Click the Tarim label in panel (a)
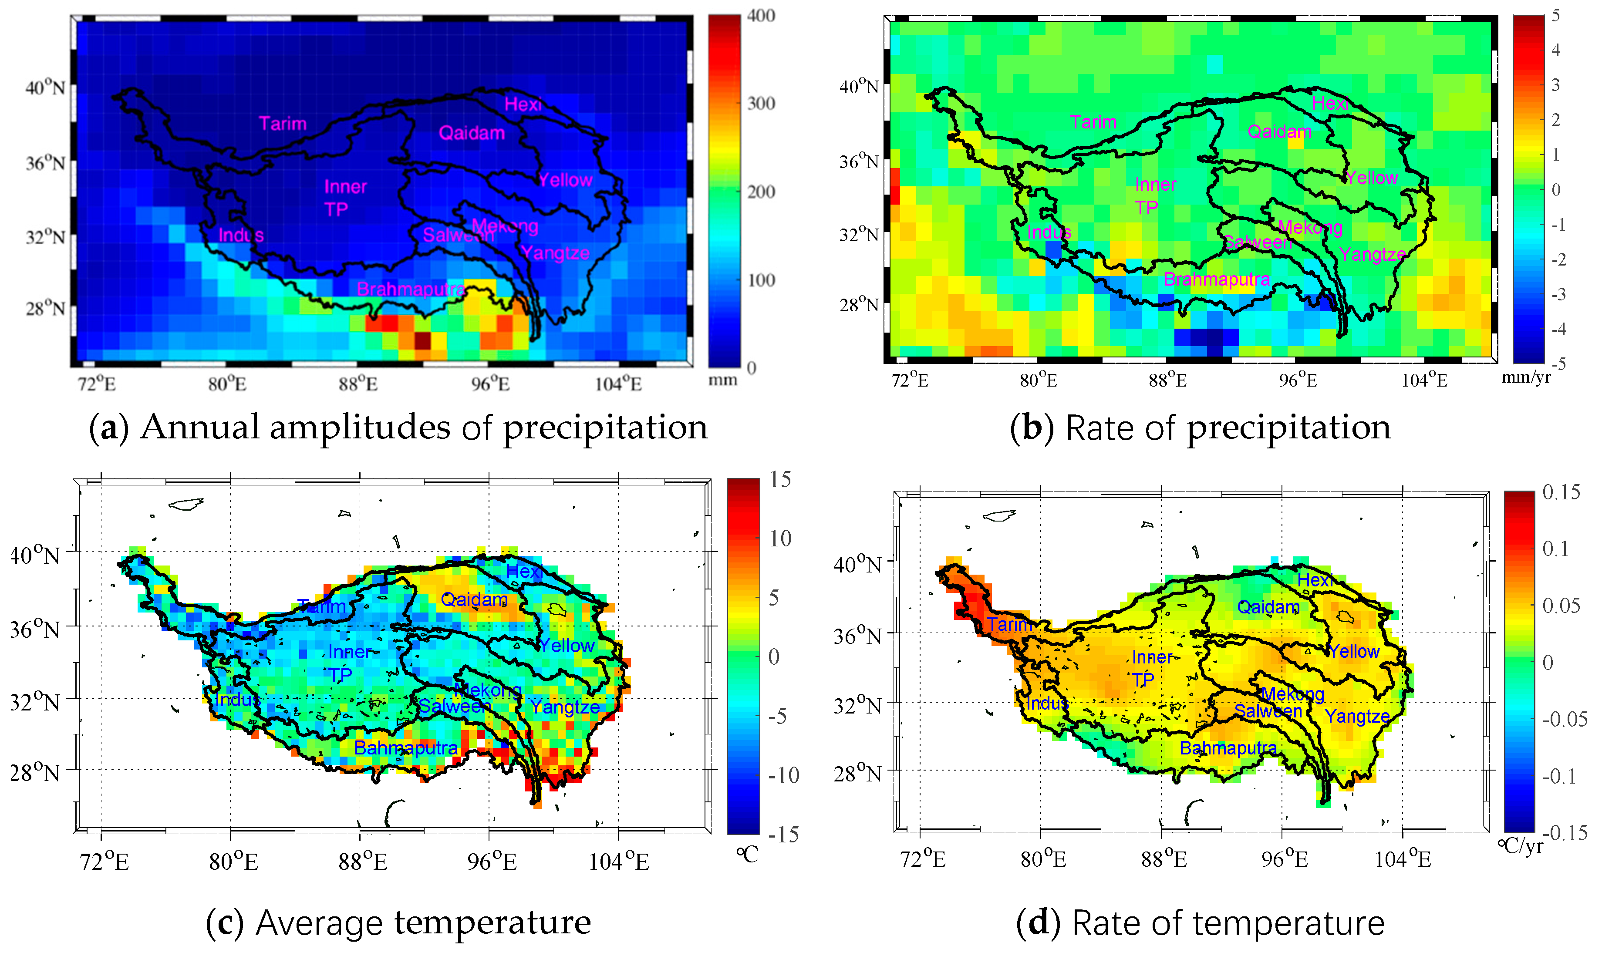pyautogui.click(x=283, y=124)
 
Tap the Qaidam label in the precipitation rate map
pyautogui.click(x=1279, y=132)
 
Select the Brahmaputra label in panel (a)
pyautogui.click(x=411, y=289)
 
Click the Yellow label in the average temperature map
pyautogui.click(x=567, y=646)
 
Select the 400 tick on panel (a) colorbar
pyautogui.click(x=761, y=16)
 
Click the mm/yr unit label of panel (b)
pyautogui.click(x=1526, y=377)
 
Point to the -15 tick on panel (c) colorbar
pyautogui.click(x=783, y=835)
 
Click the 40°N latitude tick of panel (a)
pyautogui.click(x=46, y=87)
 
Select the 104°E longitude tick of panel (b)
pyautogui.click(x=1424, y=381)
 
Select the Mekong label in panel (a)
pyautogui.click(x=505, y=226)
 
